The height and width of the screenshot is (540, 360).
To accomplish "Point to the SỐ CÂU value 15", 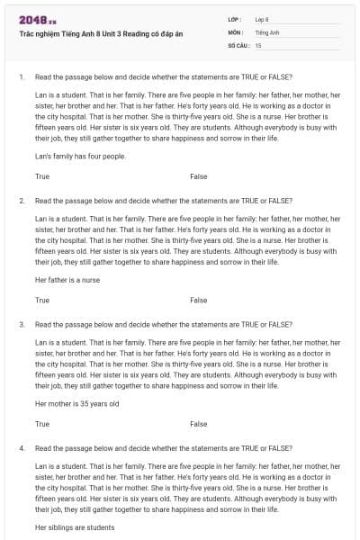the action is [x=258, y=44].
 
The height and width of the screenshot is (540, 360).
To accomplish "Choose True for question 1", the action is [x=42, y=176].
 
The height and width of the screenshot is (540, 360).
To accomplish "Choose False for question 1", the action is [x=199, y=176].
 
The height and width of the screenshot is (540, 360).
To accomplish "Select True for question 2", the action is [x=42, y=300].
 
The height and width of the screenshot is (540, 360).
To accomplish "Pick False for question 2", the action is [x=199, y=300].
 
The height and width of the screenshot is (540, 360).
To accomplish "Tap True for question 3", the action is [x=42, y=423].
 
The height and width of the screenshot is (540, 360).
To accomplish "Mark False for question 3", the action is [x=199, y=423].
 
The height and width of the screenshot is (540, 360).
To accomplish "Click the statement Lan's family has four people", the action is [x=80, y=156].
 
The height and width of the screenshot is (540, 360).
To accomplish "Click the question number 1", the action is [x=21, y=76].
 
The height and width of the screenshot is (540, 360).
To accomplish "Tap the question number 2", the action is [x=21, y=200].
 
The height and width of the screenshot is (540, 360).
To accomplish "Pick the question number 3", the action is [x=21, y=323].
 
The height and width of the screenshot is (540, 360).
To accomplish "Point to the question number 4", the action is [x=21, y=447].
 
